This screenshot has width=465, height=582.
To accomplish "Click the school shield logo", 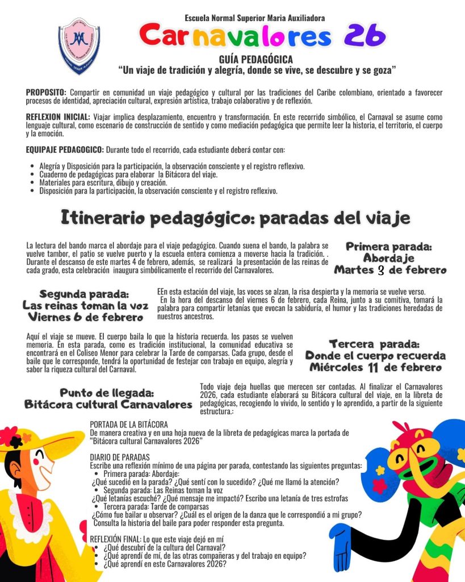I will pos(79,45).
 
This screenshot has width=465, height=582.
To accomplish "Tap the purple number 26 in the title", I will pos(365,36).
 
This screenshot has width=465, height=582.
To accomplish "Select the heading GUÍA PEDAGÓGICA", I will pos(257,60).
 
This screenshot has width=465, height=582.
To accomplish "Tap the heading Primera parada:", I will pos(389,247).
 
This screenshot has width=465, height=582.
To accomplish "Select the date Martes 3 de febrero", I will pos(390,270).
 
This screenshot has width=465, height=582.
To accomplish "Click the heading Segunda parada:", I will pos(85,294).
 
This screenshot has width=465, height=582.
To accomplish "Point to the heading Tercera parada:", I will pos(375,344).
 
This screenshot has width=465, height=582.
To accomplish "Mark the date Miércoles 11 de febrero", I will pos(375,367).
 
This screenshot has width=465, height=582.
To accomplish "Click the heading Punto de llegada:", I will pos(108,393).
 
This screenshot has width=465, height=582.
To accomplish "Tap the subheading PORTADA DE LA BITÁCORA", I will pos(129,424).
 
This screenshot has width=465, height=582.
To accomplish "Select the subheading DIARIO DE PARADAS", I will pos(120,457).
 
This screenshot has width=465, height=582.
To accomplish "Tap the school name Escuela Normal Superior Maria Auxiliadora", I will pos(255,18).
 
